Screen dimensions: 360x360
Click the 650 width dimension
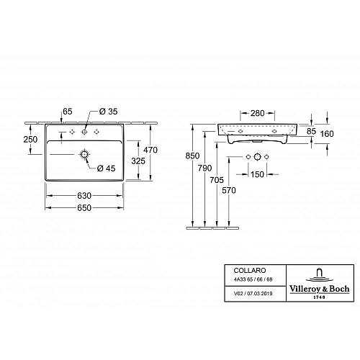point(84,207)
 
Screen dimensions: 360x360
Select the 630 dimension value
point(84,196)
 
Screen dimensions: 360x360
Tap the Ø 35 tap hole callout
point(108,112)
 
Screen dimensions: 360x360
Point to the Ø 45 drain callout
point(106,168)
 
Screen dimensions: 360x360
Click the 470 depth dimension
point(150,150)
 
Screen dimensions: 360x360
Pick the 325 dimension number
point(138,161)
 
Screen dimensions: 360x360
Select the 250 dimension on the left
point(30,139)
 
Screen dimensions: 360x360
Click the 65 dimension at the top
point(68,112)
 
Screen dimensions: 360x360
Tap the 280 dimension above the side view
point(258,113)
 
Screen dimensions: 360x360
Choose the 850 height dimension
point(192,156)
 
